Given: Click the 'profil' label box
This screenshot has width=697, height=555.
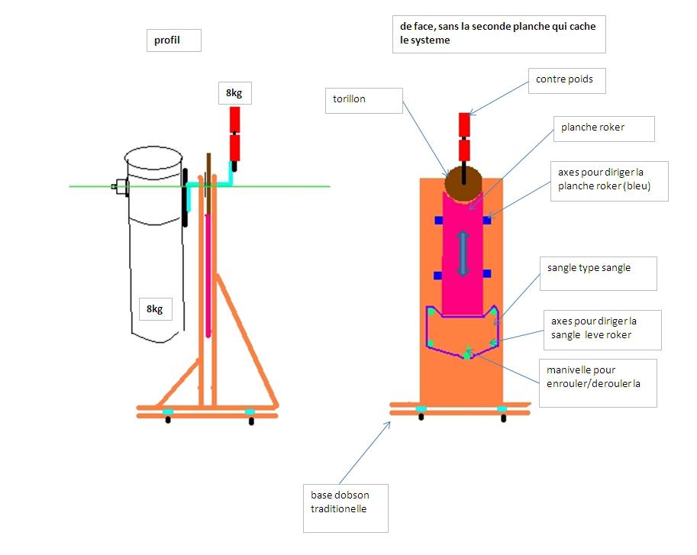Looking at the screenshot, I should click(173, 40).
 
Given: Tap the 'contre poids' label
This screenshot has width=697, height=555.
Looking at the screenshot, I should click(566, 79).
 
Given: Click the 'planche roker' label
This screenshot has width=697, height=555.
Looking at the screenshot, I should click(603, 127).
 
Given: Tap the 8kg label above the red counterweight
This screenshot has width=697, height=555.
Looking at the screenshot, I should click(234, 94).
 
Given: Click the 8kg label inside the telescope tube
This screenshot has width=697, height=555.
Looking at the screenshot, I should click(155, 308).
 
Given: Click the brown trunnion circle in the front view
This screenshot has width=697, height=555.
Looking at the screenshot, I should click(462, 181).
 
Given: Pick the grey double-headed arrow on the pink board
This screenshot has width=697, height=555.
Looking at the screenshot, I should click(463, 253).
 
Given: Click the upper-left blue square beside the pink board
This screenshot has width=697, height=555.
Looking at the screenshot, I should click(439, 221).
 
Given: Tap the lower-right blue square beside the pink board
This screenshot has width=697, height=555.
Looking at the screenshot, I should click(487, 274).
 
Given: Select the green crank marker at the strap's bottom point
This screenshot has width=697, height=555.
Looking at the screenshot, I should click(467, 355).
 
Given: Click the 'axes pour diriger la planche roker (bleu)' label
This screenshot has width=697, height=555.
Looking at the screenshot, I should click(608, 180).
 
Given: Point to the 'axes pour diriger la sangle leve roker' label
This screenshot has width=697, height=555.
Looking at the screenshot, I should click(600, 328).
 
